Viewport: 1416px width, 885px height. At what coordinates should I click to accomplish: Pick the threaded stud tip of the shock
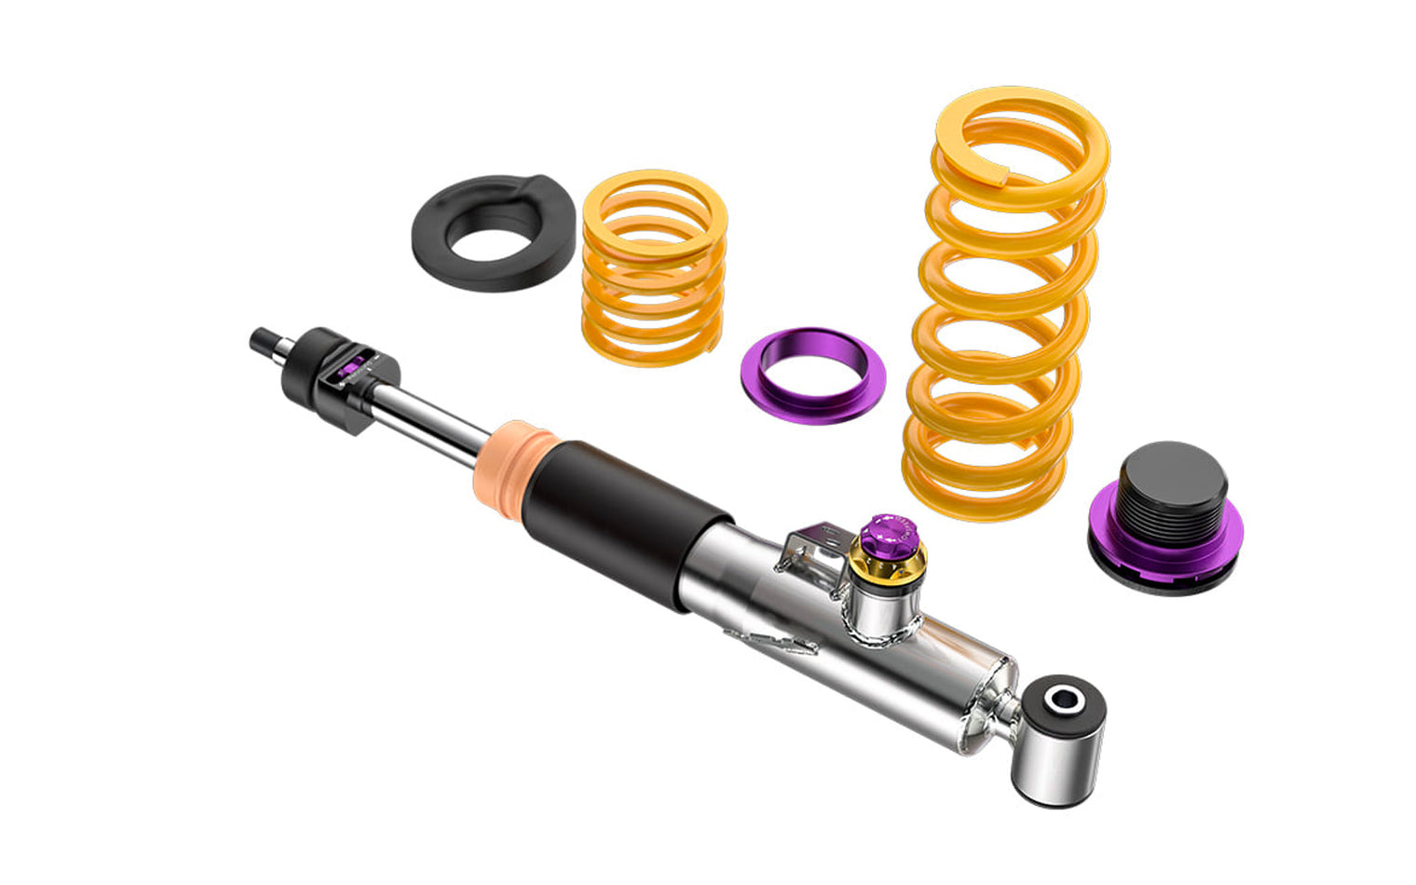(x=261, y=339)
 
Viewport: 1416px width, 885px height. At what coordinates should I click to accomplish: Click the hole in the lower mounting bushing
(x=1061, y=699)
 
